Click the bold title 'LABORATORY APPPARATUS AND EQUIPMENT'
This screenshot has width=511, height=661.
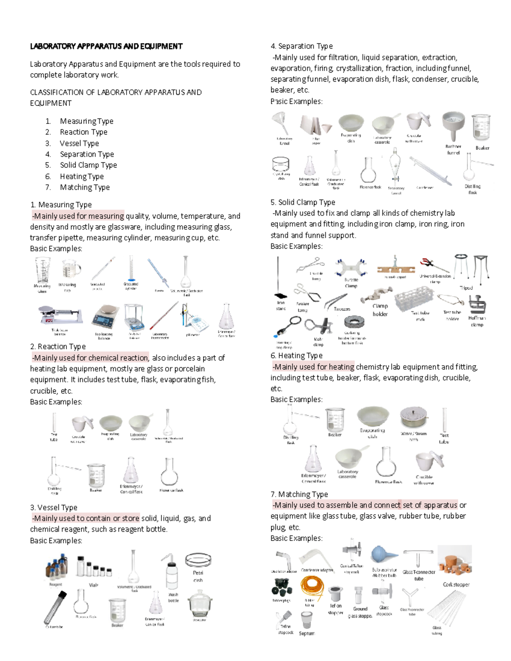click(106, 46)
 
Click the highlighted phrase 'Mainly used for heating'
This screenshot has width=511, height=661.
click(313, 366)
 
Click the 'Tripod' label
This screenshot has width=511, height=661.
click(466, 288)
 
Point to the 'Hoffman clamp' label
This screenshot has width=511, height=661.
click(477, 321)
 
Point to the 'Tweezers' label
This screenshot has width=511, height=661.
click(342, 309)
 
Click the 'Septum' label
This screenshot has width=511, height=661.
click(306, 633)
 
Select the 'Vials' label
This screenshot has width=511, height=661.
click(94, 585)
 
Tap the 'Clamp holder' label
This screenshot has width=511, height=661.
click(380, 310)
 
